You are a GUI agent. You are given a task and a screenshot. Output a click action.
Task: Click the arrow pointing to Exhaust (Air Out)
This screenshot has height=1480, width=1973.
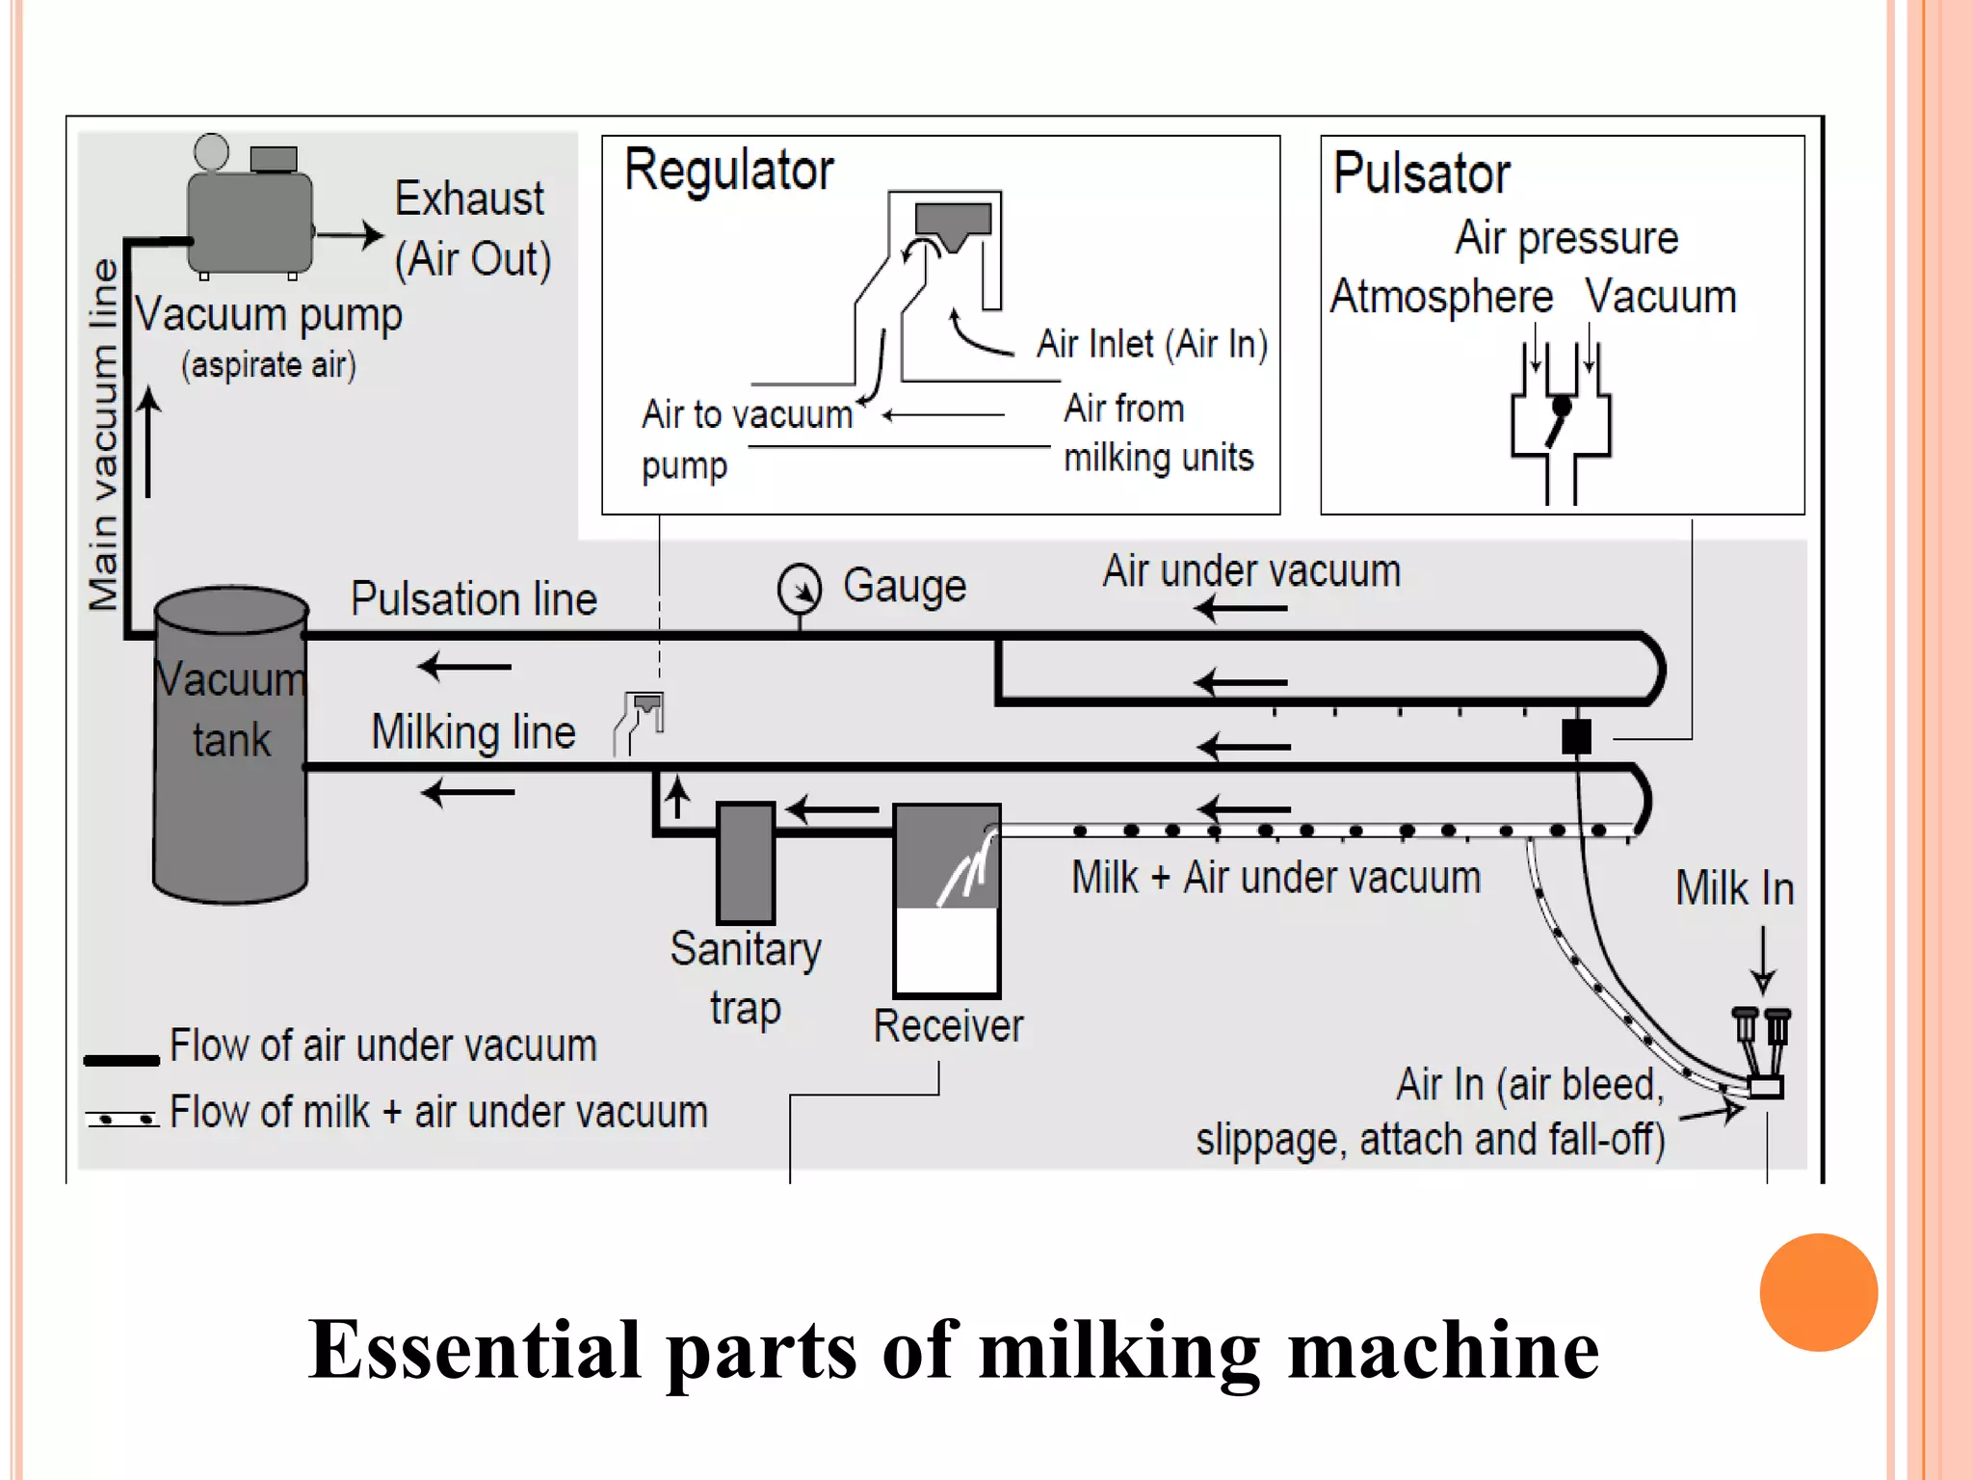(x=351, y=234)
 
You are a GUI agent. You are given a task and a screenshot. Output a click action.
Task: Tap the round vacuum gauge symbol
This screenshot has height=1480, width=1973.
(x=800, y=589)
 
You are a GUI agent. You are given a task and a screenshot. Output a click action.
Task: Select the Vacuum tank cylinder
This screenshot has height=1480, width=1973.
(x=230, y=747)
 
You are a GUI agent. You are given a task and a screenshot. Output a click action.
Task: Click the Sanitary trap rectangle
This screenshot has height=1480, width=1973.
(x=746, y=863)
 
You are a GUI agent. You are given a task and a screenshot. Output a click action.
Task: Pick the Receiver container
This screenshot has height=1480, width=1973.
(x=947, y=901)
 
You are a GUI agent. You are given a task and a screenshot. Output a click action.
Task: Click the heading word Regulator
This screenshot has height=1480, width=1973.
(x=728, y=171)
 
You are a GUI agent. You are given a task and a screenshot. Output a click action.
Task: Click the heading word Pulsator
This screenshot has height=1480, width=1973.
(x=1421, y=173)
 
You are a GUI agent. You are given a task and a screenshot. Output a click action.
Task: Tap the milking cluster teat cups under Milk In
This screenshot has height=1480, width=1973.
(x=1762, y=1050)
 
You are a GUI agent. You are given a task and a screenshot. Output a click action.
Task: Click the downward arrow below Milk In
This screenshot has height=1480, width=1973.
(x=1763, y=960)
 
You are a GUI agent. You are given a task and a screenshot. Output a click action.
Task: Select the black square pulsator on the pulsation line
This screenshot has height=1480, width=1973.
(x=1576, y=737)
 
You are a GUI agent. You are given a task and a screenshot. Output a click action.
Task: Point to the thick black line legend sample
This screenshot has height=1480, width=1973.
(x=121, y=1060)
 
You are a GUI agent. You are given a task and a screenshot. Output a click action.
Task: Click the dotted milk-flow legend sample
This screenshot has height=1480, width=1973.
(x=121, y=1118)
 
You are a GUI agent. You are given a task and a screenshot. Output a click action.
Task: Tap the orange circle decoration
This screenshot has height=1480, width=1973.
(x=1818, y=1292)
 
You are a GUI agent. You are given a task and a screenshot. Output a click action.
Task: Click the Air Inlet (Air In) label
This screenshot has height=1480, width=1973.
(x=1151, y=344)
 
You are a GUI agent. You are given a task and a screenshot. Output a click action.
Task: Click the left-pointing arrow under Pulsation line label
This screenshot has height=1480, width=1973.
(x=465, y=666)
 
